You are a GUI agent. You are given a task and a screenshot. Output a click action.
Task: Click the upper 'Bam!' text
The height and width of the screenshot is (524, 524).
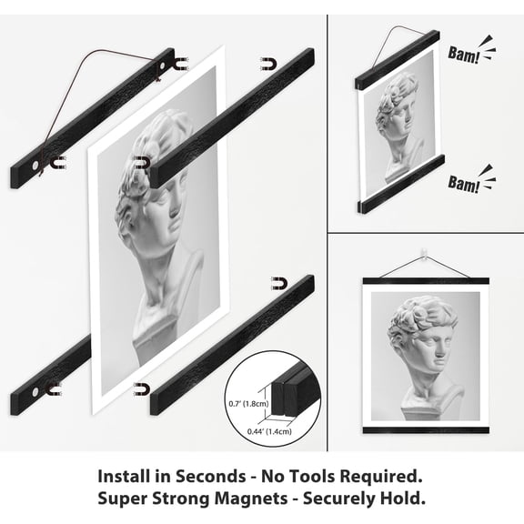click(464, 54)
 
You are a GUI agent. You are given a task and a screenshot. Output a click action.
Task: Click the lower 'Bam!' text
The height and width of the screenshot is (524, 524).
click(464, 184)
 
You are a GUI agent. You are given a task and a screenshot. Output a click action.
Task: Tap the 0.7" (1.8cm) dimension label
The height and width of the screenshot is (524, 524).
click(248, 404)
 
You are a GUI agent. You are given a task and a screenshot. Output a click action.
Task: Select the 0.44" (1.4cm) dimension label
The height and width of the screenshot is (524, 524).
click(269, 431)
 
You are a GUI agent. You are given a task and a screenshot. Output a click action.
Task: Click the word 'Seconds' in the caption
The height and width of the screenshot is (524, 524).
click(211, 476)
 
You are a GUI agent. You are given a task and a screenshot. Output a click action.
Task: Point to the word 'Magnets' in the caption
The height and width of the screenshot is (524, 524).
click(251, 499)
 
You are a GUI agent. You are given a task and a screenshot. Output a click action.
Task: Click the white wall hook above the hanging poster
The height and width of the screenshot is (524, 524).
click(423, 253)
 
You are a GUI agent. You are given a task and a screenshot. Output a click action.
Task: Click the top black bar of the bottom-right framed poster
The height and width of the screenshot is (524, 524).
click(426, 281)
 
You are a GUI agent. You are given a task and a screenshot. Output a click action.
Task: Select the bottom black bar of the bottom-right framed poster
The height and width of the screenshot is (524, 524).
click(426, 430)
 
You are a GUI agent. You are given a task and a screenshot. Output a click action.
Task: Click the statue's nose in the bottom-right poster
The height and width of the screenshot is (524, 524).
click(441, 351)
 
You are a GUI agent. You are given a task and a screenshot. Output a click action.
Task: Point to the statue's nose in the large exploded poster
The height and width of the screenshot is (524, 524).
click(175, 209)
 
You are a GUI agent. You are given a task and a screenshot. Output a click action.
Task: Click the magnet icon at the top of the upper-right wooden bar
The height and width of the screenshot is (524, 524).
click(268, 65)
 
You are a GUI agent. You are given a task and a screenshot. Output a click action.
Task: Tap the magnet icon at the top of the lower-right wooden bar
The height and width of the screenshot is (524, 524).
click(279, 284)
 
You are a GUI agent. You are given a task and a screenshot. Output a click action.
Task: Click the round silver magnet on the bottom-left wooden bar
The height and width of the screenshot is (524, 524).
click(35, 391)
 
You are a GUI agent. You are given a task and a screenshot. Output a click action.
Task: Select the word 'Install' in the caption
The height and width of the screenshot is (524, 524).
click(124, 476)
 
